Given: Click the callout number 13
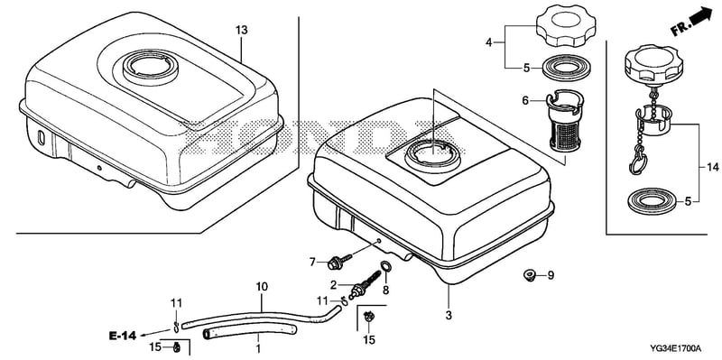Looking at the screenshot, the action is pyautogui.click(x=241, y=31).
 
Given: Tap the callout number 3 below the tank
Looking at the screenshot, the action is pyautogui.click(x=449, y=316).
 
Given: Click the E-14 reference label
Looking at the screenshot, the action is pyautogui.click(x=123, y=336).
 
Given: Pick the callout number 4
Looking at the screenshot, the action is pyautogui.click(x=489, y=42).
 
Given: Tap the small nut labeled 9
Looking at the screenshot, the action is pyautogui.click(x=529, y=275).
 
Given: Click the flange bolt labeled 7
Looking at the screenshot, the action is pyautogui.click(x=338, y=262).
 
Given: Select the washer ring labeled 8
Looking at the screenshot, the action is pyautogui.click(x=386, y=266).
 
